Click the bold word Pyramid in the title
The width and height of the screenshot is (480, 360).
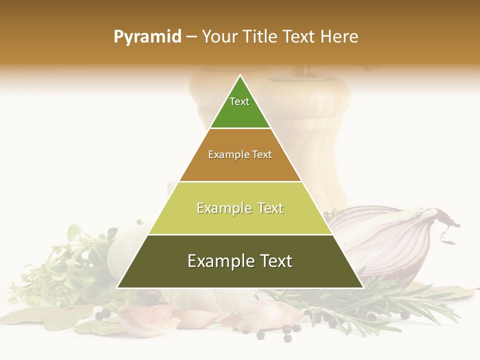[147, 36]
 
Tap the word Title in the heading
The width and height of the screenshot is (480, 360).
[261, 36]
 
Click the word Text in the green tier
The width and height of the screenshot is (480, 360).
[239, 101]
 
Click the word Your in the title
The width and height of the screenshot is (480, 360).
[219, 36]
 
